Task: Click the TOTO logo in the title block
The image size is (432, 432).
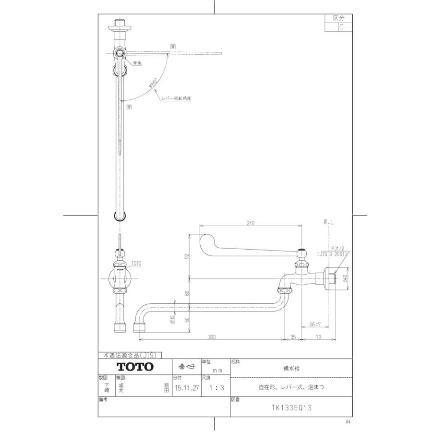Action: [x=135, y=367]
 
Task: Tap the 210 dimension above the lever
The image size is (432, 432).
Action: [x=251, y=222]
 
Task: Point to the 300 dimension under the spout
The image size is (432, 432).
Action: [x=212, y=337]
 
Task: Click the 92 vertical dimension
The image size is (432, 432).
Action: [x=188, y=256]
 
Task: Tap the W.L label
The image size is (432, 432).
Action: [x=329, y=222]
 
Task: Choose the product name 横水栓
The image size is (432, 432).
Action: [x=291, y=367]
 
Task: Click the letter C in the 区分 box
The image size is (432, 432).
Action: [x=341, y=27]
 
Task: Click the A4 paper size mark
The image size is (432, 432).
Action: [x=348, y=421]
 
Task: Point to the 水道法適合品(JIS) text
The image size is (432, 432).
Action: [x=130, y=355]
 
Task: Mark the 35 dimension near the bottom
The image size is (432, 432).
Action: [x=294, y=337]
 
